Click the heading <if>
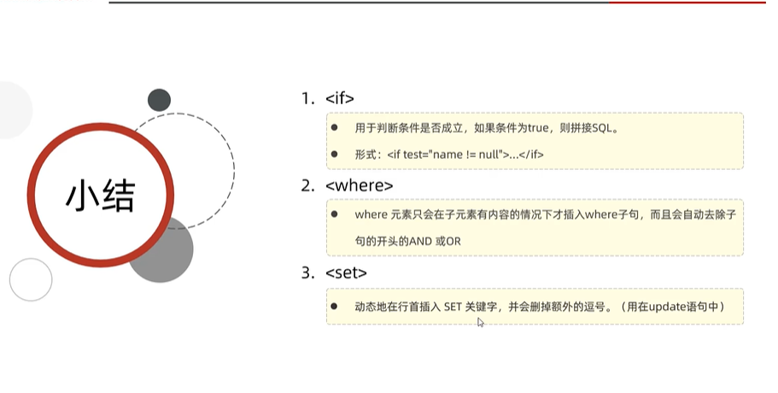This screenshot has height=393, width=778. click(340, 98)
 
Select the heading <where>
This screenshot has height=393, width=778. click(360, 185)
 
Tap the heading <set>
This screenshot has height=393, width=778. click(347, 273)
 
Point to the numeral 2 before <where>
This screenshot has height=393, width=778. click(307, 185)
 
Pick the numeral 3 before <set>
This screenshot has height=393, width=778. click(307, 273)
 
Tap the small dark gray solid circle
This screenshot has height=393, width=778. click(159, 100)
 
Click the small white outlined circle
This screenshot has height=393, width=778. click(31, 279)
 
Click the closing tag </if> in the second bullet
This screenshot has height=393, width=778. click(533, 155)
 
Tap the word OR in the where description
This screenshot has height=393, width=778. click(452, 242)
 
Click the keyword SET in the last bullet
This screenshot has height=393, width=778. click(452, 306)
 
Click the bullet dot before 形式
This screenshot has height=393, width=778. click(335, 154)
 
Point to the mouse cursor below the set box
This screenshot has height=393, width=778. click(481, 322)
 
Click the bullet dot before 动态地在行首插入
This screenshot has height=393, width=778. click(335, 306)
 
